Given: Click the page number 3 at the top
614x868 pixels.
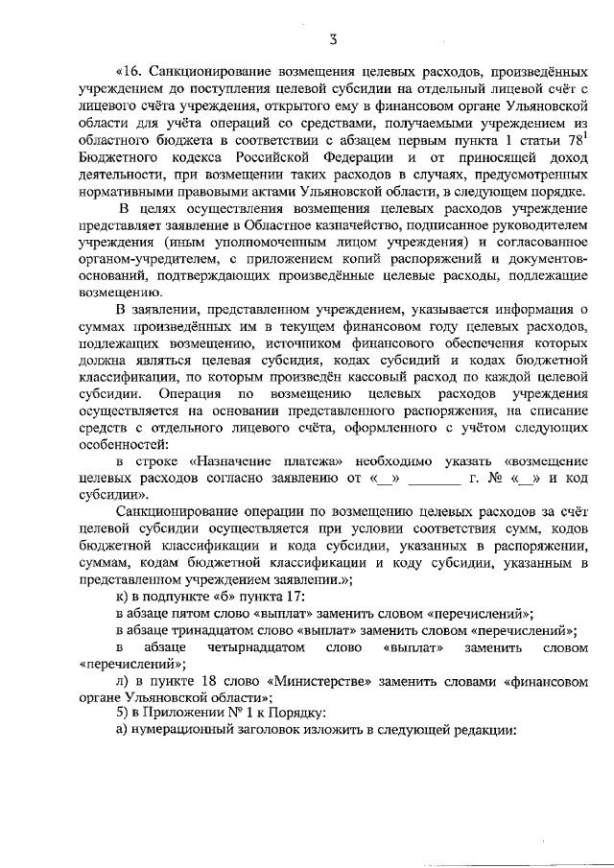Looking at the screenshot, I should click(331, 38).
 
